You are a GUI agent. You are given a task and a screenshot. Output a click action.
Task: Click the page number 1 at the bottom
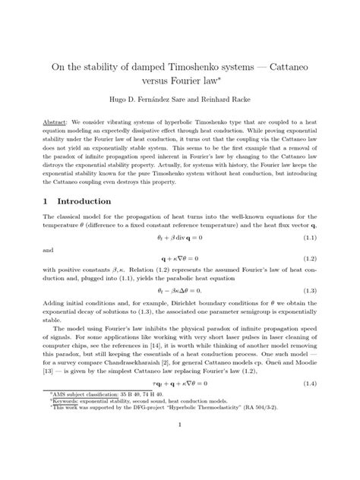click(180, 447)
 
